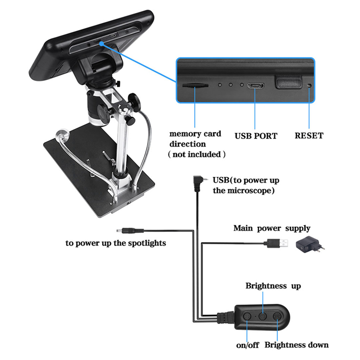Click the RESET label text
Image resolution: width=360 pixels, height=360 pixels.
[309, 135]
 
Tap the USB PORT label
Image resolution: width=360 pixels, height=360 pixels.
[256, 135]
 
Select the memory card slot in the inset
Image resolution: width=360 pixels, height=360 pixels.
[194, 85]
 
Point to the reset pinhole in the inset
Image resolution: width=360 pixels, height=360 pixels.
[309, 85]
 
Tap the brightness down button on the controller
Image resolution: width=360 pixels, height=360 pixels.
[278, 316]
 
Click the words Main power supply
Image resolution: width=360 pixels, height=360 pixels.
[272, 229]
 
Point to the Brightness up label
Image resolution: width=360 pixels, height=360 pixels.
[273, 286]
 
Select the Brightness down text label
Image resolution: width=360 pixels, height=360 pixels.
[297, 345]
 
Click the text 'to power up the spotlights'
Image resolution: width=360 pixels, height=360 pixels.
[116, 243]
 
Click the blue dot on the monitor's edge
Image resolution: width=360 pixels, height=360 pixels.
[102, 43]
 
